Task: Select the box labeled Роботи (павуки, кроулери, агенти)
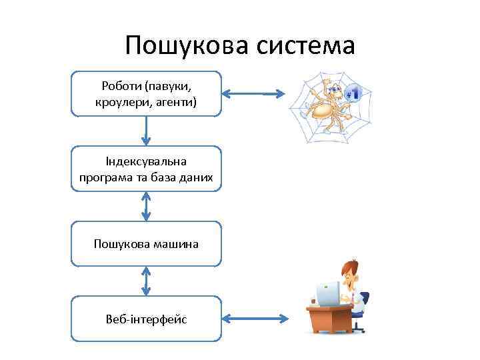tap(146, 94)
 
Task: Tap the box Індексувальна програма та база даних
tap(146, 169)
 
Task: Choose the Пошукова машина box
tap(146, 244)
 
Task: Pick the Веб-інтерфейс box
tap(146, 319)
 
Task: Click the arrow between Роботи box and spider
tap(255, 94)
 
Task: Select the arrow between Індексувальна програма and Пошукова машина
tap(146, 207)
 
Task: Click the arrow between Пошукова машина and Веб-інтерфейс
tap(146, 281)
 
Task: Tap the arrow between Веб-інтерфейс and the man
tap(255, 319)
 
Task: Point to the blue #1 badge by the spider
tap(354, 93)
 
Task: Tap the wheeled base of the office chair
tap(359, 327)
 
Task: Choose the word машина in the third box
tap(175, 244)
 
